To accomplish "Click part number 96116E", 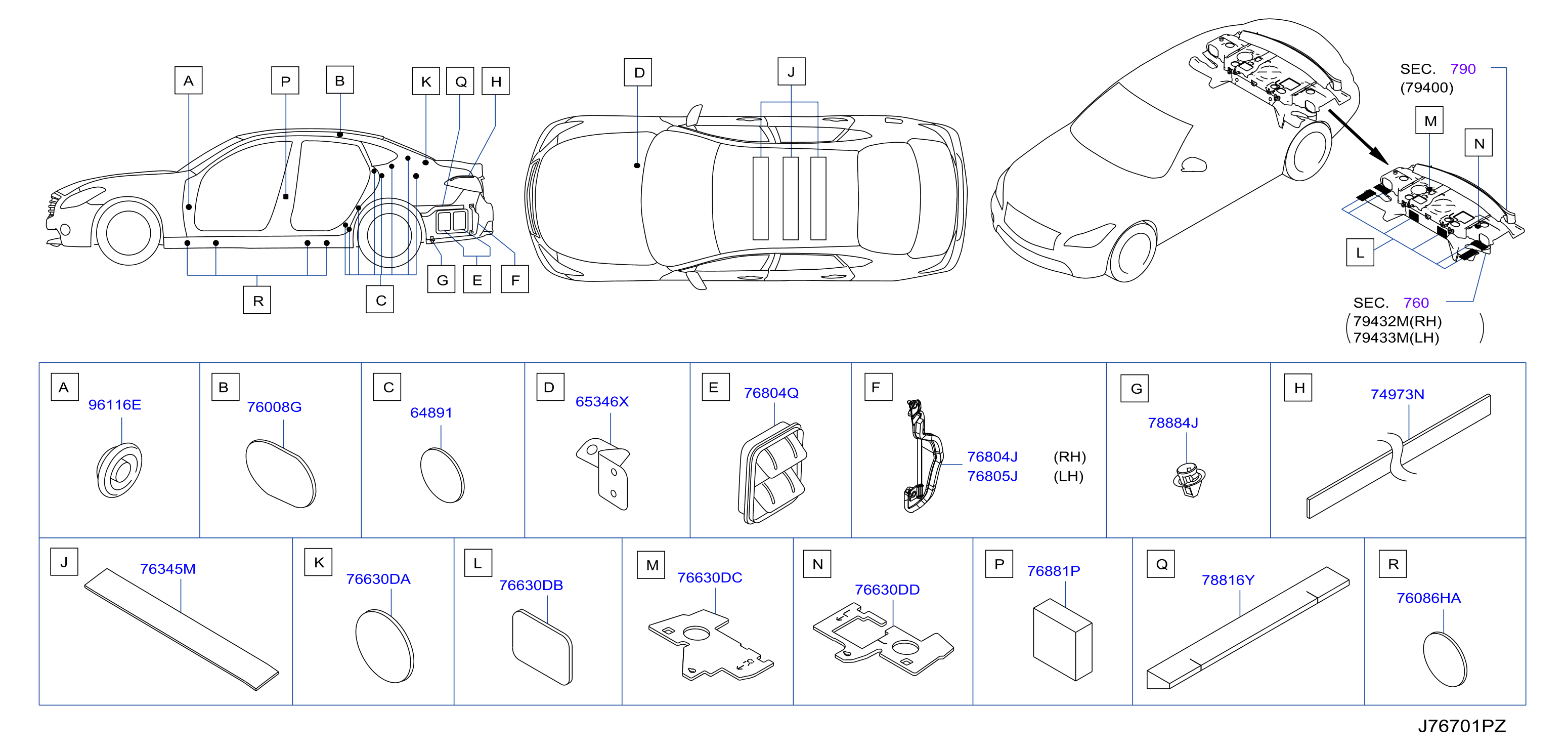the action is tap(114, 405).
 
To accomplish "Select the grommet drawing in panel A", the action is tap(119, 470).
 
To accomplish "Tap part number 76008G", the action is tap(274, 407).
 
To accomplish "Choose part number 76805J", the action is tap(992, 476).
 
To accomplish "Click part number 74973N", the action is tap(1397, 395).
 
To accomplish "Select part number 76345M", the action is tap(168, 569).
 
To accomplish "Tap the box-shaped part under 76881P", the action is tap(1063, 639).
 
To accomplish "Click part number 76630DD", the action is tap(887, 590).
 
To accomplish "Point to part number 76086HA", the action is tap(1428, 598).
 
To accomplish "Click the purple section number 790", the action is tap(1463, 69).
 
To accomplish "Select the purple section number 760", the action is tap(1416, 303).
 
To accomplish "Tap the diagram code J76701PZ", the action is tap(1462, 726).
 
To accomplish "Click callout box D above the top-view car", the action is tap(638, 72).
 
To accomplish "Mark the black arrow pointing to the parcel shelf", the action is tap(1358, 137).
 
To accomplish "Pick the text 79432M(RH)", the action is tap(1397, 321).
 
